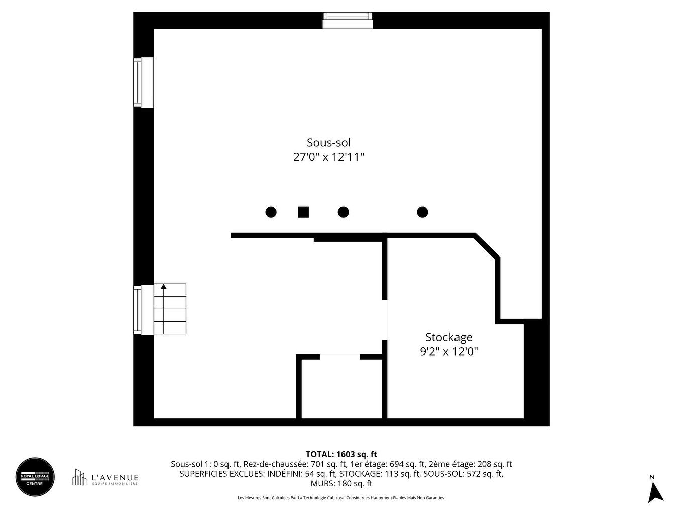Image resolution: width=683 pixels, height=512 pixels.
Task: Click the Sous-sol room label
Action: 328,143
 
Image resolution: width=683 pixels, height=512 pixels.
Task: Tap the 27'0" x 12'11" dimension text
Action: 328,157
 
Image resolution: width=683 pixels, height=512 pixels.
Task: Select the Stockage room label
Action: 448,337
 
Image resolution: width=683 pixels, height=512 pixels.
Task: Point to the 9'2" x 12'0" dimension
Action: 448,352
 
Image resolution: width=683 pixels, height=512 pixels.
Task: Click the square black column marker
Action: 303,212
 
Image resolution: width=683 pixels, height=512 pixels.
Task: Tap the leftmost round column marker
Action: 271,212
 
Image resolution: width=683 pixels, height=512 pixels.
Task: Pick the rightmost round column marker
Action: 422,212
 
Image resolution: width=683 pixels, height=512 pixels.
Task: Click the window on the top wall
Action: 348,21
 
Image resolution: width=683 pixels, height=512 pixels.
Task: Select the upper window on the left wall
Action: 143,82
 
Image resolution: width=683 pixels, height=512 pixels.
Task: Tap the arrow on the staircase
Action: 163,287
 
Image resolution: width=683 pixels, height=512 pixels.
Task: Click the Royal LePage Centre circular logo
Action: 35,477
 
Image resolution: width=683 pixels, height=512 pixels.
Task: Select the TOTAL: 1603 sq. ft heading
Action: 341,454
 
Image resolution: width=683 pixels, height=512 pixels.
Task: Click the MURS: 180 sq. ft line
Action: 341,484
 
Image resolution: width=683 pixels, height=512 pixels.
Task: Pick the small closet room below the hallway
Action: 341,388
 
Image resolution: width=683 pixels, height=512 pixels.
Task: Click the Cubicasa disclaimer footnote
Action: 341,498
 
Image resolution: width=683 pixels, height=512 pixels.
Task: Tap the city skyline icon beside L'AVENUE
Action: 79,477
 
